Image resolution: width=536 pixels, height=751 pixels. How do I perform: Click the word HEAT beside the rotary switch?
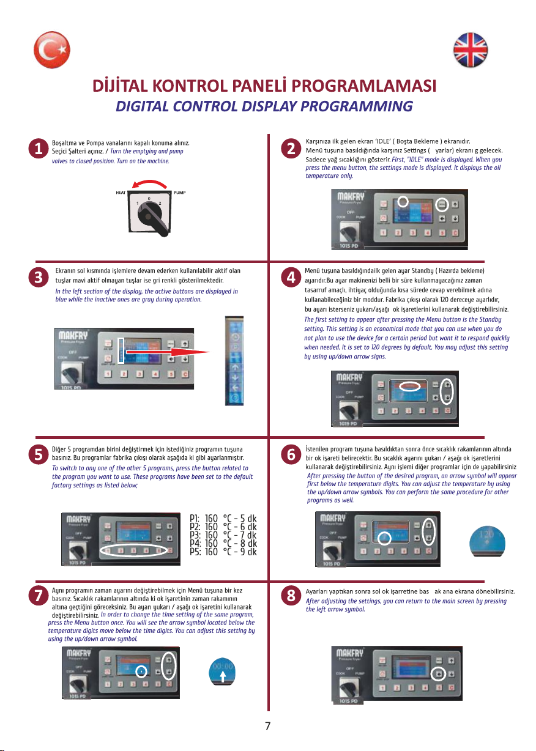(121, 193)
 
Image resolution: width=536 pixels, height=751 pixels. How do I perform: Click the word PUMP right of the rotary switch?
(179, 193)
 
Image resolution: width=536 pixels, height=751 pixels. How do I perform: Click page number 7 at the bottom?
(267, 726)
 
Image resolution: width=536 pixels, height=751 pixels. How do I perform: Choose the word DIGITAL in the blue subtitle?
(145, 106)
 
